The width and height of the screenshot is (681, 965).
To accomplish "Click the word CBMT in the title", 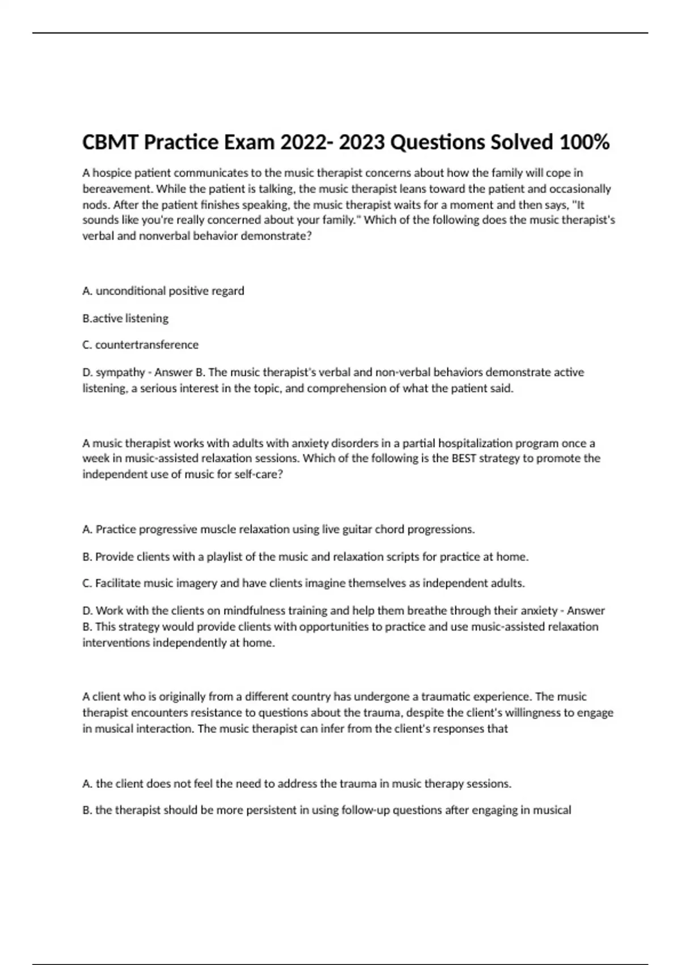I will click(x=110, y=142).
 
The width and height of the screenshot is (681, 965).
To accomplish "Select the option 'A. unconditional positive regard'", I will click(x=163, y=291).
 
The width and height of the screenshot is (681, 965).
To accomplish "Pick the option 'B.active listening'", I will click(x=125, y=318).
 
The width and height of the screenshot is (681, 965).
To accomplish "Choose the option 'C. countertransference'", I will click(x=141, y=345).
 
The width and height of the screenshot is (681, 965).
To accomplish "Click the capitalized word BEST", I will click(x=464, y=458).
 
